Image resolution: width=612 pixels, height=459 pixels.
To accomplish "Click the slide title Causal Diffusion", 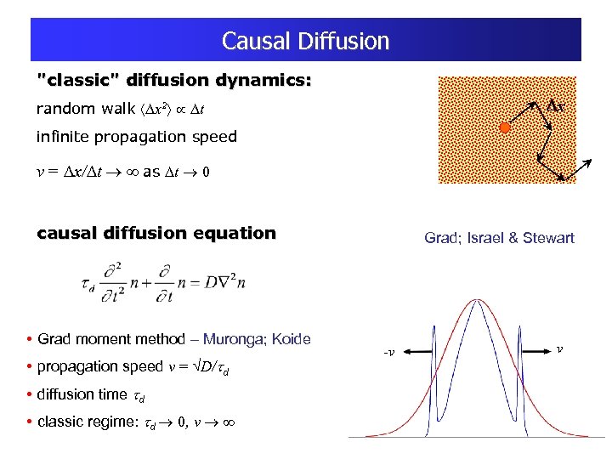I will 305,41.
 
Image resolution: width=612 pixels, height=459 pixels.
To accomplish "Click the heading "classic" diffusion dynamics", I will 174,82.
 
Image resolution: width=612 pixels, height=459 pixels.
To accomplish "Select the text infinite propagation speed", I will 136,137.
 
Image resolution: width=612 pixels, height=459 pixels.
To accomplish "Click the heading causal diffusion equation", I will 156,233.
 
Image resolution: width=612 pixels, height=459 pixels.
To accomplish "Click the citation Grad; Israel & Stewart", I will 499,238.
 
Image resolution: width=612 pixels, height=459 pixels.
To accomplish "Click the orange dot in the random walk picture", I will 504,129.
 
